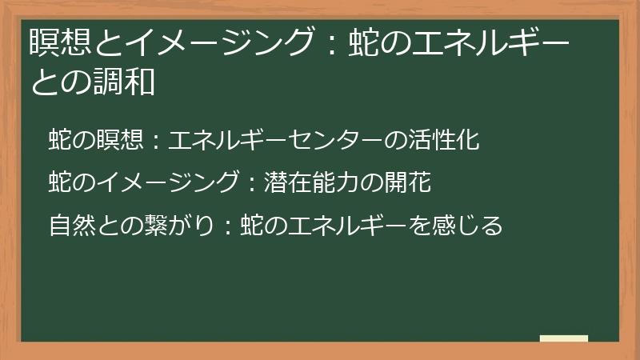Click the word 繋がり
tap(175, 226)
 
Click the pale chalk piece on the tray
tap(564, 338)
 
